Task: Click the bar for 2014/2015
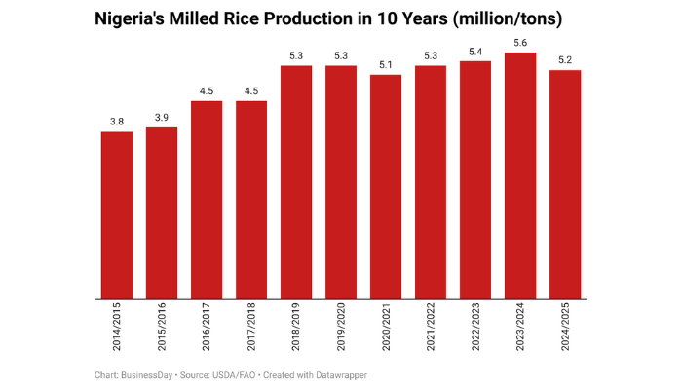pos(117,215)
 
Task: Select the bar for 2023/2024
pos(520,175)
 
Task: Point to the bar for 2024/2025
pos(565,185)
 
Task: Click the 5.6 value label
pos(520,42)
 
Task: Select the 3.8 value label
pos(117,122)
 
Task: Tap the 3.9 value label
pos(162,117)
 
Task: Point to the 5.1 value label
pos(386,64)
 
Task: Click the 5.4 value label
pos(475,51)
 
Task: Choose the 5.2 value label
pos(565,59)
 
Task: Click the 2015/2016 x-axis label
pos(162,330)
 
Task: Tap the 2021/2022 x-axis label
pos(431,330)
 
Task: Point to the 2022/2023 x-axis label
pos(475,330)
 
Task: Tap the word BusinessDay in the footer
pos(144,374)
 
